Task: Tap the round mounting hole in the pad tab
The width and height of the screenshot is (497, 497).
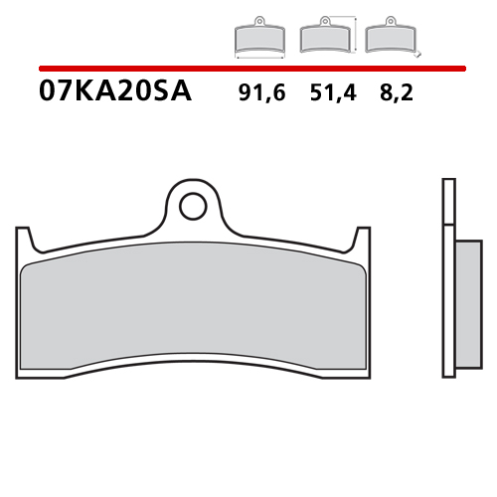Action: [193, 206]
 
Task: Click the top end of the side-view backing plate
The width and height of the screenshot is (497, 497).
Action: [446, 183]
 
